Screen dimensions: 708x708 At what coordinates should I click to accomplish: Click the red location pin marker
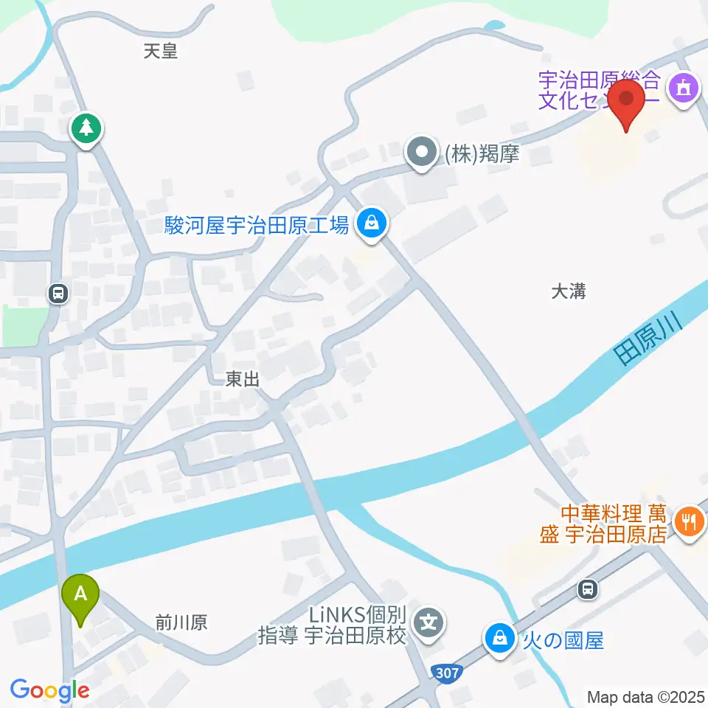(x=628, y=104)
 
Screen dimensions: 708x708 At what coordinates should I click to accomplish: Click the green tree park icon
(x=87, y=129)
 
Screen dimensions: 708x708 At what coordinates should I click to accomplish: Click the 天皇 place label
(x=161, y=51)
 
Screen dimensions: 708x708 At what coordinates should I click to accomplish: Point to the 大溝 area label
(x=568, y=291)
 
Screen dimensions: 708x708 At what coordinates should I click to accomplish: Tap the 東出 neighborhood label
(x=243, y=379)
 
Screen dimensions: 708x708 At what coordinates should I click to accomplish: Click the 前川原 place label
(x=181, y=623)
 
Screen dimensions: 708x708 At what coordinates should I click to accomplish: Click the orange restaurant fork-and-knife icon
(x=690, y=522)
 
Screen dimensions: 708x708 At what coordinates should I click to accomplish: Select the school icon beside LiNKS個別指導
(x=428, y=624)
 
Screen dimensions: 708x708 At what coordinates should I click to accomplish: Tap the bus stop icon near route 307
(x=588, y=589)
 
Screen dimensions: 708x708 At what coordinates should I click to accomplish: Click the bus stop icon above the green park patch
(x=57, y=294)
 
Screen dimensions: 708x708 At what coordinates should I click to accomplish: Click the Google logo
(x=49, y=691)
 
